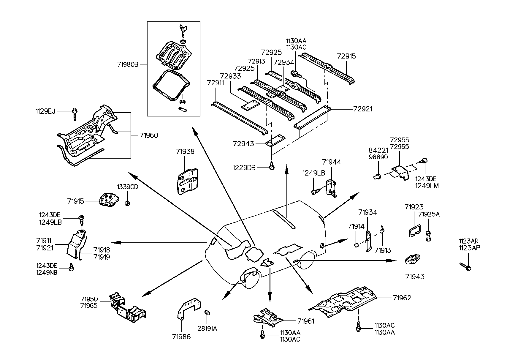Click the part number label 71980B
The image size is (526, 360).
tap(128, 64)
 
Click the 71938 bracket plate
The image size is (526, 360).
tap(187, 181)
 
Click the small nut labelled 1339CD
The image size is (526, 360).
tap(127, 203)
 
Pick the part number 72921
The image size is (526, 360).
tap(363, 109)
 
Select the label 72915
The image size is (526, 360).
tap(346, 56)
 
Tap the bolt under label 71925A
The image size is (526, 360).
tap(428, 236)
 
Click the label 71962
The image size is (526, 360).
tap(402, 298)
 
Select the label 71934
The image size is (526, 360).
tap(367, 212)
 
